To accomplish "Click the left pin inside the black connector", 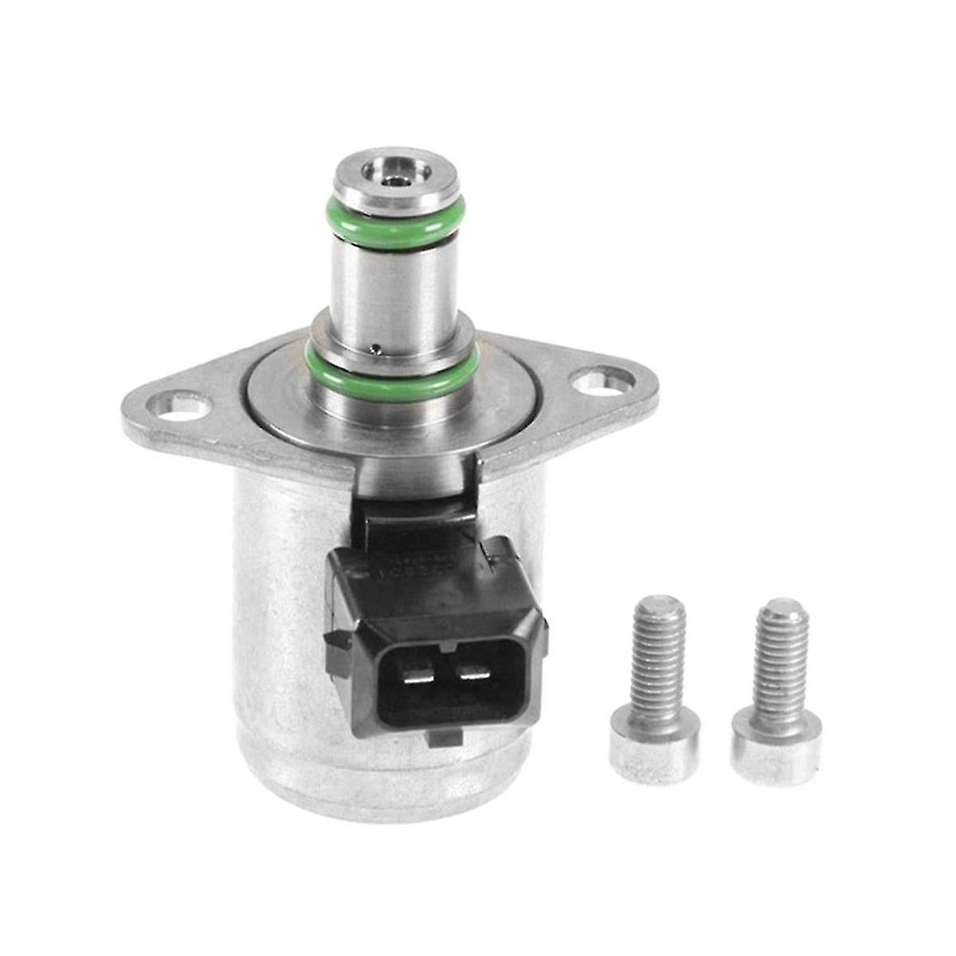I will [416, 676].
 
